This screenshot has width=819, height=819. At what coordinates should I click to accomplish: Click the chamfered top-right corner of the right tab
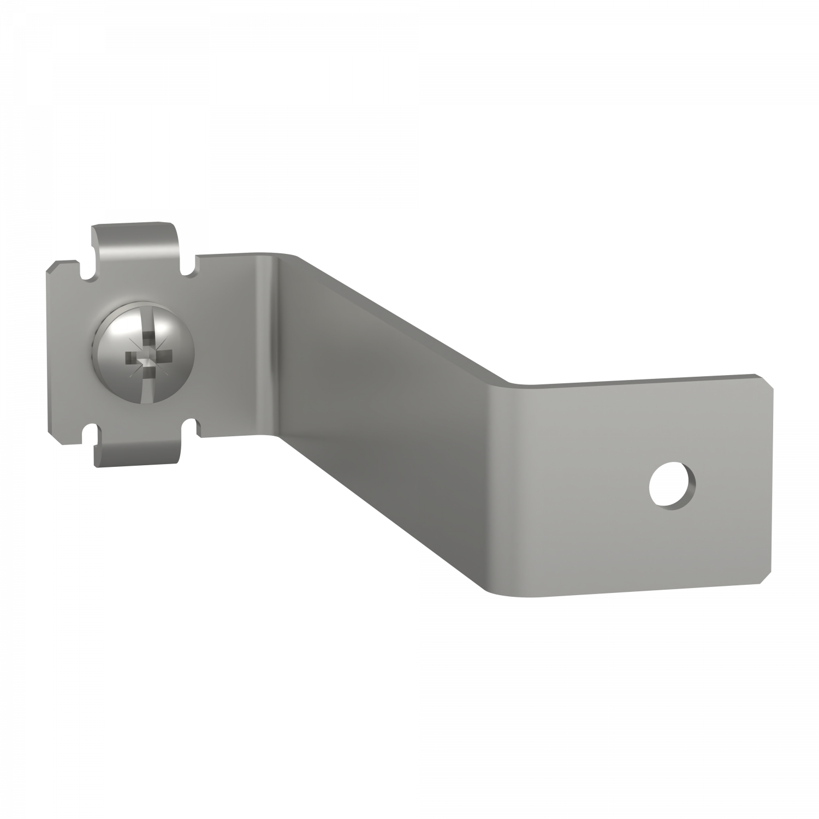point(770,382)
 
